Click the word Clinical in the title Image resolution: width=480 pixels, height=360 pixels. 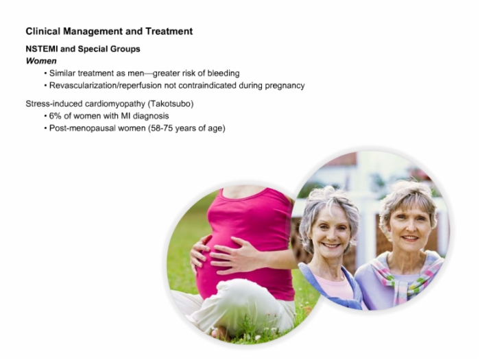tap(43, 32)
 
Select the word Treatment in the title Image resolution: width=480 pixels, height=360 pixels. tap(169, 32)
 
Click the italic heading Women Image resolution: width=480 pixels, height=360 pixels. tap(41, 61)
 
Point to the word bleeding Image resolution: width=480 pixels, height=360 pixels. tap(224, 73)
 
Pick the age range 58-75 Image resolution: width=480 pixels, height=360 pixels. tap(162, 128)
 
